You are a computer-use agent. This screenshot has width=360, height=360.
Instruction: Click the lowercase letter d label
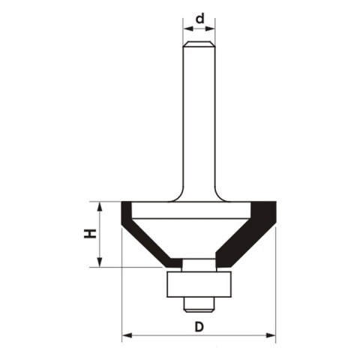click(199, 16)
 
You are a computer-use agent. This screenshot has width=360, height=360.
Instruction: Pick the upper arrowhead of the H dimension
click(97, 206)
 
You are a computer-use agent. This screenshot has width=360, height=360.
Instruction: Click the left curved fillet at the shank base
click(178, 196)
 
